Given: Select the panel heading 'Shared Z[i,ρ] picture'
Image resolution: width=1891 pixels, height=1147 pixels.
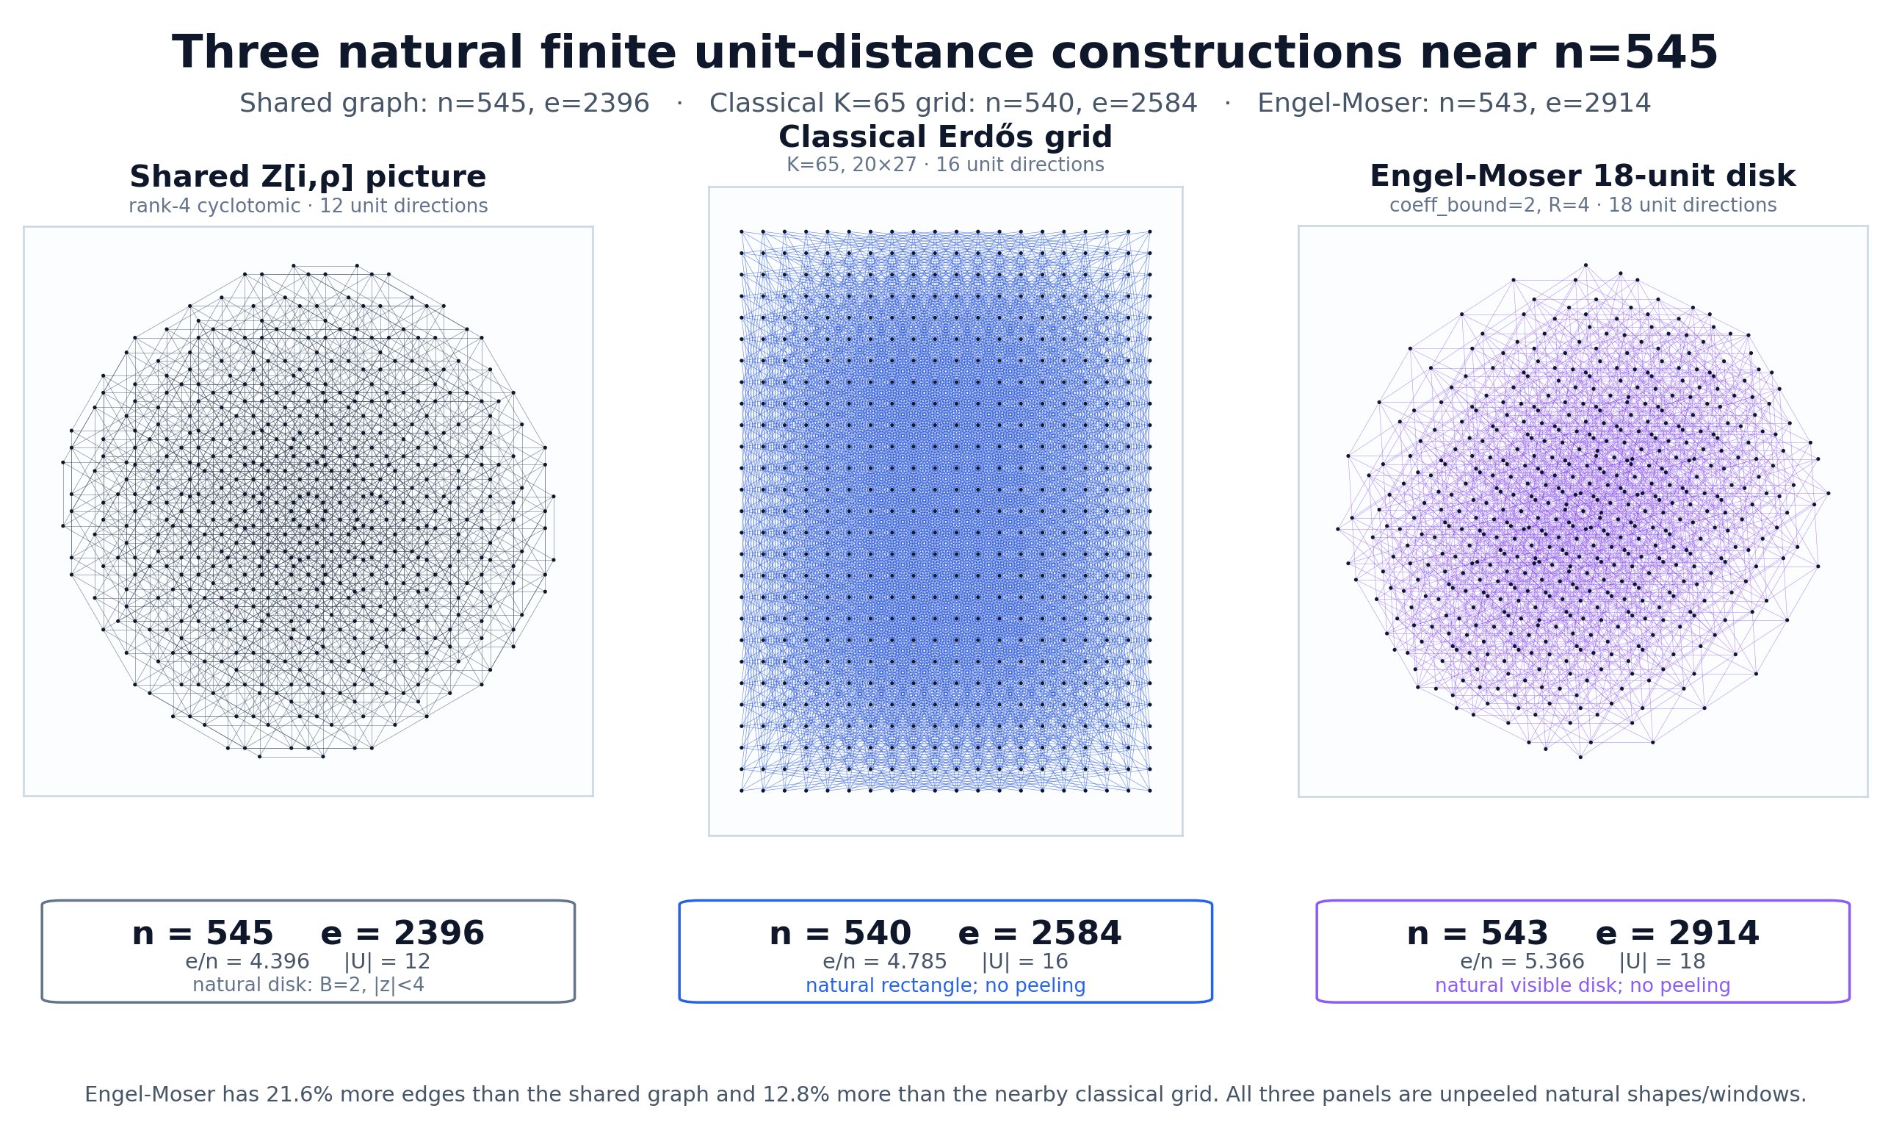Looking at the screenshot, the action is point(308,176).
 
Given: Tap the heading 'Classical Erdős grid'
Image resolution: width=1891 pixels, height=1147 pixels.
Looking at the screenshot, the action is point(946,137).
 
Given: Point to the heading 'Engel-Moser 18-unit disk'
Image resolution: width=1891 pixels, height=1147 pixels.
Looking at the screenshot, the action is point(1583,176).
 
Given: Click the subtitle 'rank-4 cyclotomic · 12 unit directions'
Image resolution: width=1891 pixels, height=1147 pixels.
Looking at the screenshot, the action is point(308,206).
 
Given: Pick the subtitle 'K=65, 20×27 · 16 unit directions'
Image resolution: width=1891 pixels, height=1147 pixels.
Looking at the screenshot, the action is point(946,165).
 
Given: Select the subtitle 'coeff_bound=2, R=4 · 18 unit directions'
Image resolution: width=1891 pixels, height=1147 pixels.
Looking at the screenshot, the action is point(1583,206).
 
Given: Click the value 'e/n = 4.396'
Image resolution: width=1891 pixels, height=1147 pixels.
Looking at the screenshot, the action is point(247,962).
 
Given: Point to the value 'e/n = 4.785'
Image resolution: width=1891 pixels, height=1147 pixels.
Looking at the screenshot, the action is point(885,962).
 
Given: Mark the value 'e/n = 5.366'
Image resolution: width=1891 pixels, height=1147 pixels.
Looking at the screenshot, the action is point(1522,962).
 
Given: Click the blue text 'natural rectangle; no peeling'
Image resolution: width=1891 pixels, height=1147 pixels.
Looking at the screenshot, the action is point(946,986).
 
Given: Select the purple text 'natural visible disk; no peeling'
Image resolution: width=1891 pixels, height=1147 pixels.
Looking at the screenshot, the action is point(1583,986).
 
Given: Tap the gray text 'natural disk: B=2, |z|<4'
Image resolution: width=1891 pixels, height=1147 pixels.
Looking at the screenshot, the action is point(308,986).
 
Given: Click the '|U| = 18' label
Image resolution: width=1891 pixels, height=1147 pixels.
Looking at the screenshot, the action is point(1662,962).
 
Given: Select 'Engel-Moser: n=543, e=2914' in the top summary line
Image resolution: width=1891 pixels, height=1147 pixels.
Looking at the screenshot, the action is point(1453,104).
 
